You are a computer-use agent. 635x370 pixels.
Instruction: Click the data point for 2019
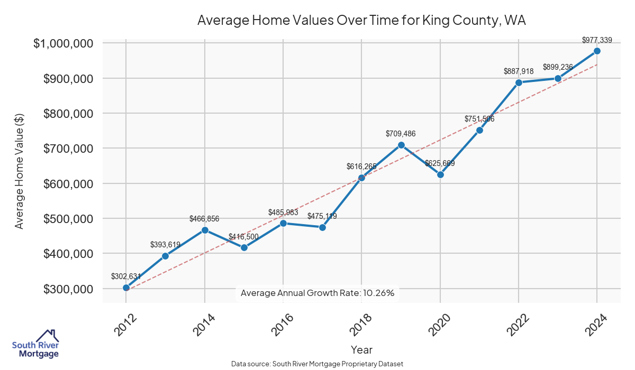point(401,145)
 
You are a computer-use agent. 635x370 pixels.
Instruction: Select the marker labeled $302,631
point(126,288)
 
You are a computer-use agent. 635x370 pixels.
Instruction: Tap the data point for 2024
point(597,51)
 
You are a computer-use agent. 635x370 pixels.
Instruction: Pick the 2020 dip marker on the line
point(440,174)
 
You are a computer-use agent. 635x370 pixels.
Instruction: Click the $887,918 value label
point(519,71)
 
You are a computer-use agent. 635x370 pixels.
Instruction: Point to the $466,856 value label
point(204,219)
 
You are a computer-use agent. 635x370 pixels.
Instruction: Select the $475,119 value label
point(322,216)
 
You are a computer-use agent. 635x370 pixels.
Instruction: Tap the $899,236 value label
point(558,68)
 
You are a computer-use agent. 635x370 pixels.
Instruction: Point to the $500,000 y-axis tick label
point(67,219)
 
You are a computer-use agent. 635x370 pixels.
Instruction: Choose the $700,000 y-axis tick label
point(67,149)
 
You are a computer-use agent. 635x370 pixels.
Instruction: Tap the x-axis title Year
point(361,350)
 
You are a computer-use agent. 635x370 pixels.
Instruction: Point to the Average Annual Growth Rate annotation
point(317,293)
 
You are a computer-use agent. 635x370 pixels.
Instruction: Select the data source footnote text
point(317,364)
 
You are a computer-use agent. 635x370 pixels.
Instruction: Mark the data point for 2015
point(243,247)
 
